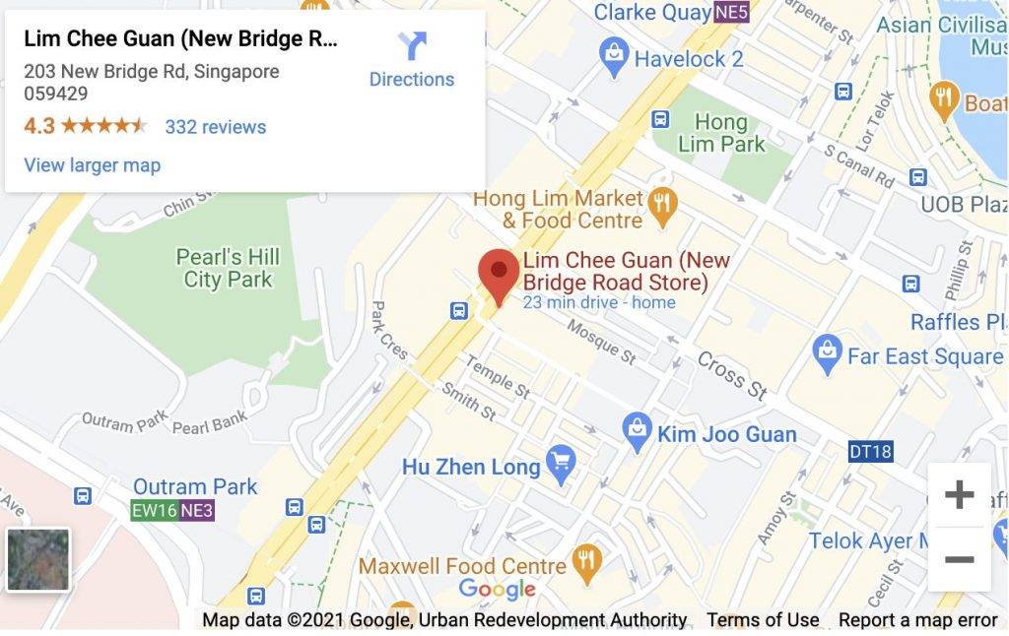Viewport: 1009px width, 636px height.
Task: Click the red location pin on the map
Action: [x=499, y=274]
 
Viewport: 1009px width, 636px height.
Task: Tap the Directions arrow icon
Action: [x=412, y=46]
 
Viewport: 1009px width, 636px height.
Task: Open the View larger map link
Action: [x=92, y=165]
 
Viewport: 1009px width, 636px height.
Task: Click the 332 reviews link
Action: [x=215, y=127]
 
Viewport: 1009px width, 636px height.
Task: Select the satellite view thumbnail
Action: [x=38, y=559]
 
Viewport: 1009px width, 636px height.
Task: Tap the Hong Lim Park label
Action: [x=721, y=133]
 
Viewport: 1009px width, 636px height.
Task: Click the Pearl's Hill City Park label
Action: [x=228, y=268]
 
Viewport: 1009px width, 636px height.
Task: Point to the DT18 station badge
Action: [x=869, y=452]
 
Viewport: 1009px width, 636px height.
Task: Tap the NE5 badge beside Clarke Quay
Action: [x=731, y=13]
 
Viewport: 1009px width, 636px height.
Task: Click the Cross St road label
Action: [x=732, y=374]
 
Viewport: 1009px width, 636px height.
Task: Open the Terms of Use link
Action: [x=763, y=620]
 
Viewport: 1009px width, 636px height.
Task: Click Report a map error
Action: [x=917, y=620]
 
